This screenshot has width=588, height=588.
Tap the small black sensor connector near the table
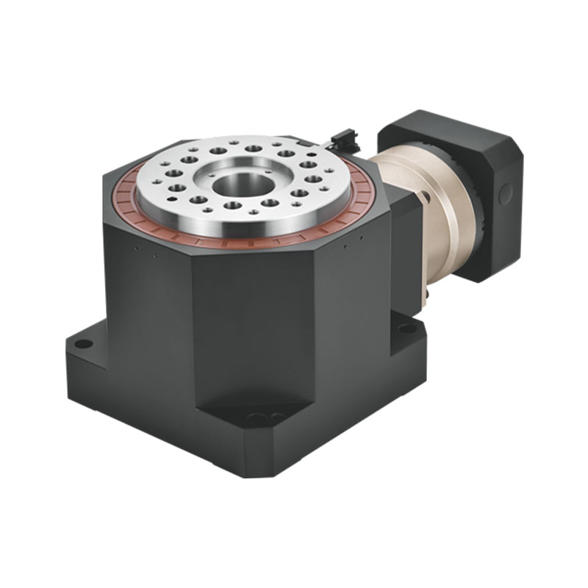tap(343, 138)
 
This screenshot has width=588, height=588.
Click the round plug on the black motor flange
tap(505, 194)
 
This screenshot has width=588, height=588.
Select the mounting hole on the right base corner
tap(406, 329)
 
